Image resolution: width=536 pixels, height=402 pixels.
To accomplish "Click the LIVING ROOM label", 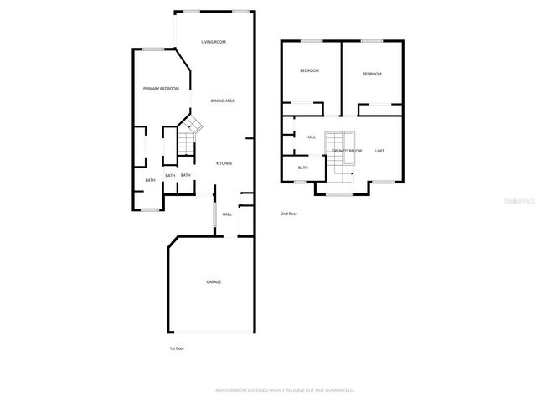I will (x=214, y=42).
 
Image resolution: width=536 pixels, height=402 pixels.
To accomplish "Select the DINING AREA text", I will (x=222, y=100).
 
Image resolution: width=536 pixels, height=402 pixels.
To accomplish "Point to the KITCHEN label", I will (x=224, y=163).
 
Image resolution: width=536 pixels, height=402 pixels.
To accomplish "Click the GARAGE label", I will (x=214, y=282).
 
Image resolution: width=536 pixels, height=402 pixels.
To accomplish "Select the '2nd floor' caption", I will (x=289, y=214).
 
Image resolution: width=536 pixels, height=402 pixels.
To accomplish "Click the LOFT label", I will (x=379, y=151).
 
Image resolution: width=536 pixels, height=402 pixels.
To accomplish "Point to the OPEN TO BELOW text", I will (x=347, y=151).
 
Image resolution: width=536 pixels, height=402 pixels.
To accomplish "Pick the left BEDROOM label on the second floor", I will (x=310, y=70).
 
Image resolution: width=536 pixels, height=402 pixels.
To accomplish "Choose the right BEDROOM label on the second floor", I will (x=372, y=74).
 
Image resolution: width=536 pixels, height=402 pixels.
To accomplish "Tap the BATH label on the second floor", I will (x=302, y=167).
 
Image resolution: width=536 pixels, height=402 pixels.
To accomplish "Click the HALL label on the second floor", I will (x=310, y=137).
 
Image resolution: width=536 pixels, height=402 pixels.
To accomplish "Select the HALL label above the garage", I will (x=226, y=214).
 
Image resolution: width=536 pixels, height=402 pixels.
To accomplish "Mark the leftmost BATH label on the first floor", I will (x=151, y=180).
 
